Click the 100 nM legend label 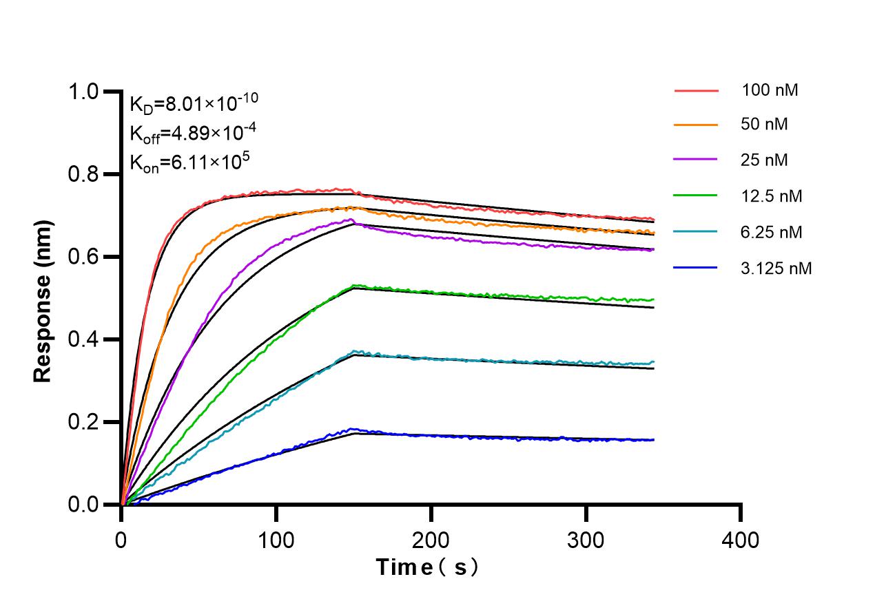(x=770, y=90)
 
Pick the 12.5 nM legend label (x=772, y=196)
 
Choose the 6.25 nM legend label (x=772, y=232)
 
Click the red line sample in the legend (x=696, y=90)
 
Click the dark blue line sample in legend (x=696, y=268)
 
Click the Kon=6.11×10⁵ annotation (x=189, y=162)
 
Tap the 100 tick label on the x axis (x=276, y=539)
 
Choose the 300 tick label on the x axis (x=586, y=539)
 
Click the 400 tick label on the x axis (x=741, y=539)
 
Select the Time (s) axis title (x=427, y=567)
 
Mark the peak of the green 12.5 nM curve (x=354, y=285)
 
